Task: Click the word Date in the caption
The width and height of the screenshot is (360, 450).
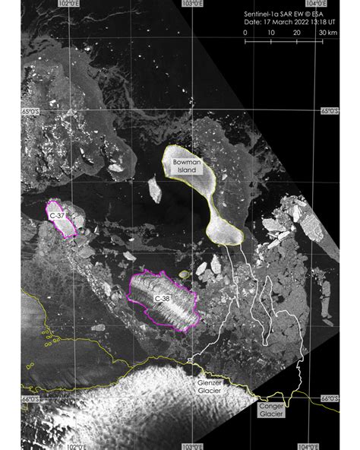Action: (253, 24)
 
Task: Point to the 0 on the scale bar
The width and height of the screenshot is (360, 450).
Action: (245, 33)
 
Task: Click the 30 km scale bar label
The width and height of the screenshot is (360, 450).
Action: (328, 33)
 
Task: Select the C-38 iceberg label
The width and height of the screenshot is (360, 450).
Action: (162, 299)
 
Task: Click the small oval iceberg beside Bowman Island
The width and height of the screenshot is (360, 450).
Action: (156, 189)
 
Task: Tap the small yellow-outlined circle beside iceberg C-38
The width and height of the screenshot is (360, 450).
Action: (184, 275)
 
